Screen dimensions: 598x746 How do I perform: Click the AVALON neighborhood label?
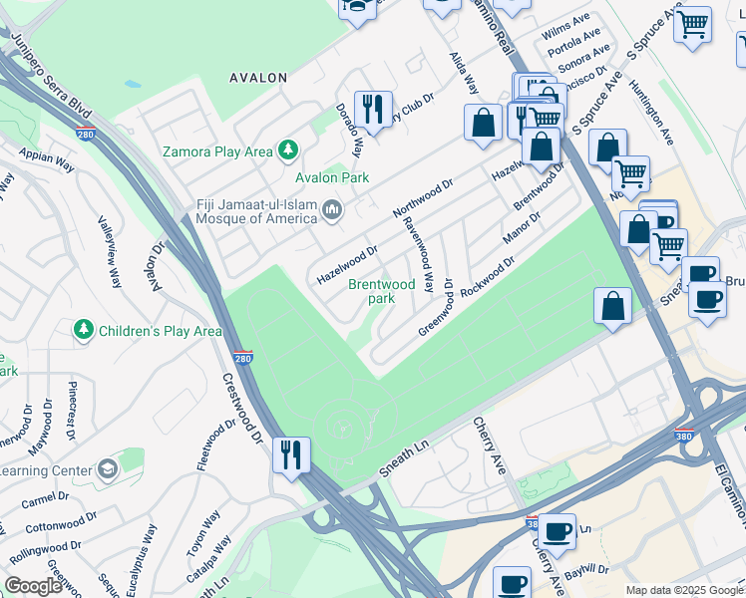click(x=258, y=77)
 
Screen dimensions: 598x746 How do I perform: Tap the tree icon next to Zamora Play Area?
click(x=288, y=151)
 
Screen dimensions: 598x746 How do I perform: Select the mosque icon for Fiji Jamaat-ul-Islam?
click(x=332, y=210)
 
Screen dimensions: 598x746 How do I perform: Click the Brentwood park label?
click(x=381, y=291)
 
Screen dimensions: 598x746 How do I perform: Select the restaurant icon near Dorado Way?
click(x=373, y=108)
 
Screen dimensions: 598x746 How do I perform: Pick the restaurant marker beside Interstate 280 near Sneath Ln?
click(x=291, y=455)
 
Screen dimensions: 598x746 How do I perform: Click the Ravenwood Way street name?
click(x=418, y=251)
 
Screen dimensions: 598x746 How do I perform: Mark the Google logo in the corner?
click(x=34, y=586)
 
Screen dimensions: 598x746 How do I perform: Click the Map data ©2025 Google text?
click(x=683, y=590)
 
